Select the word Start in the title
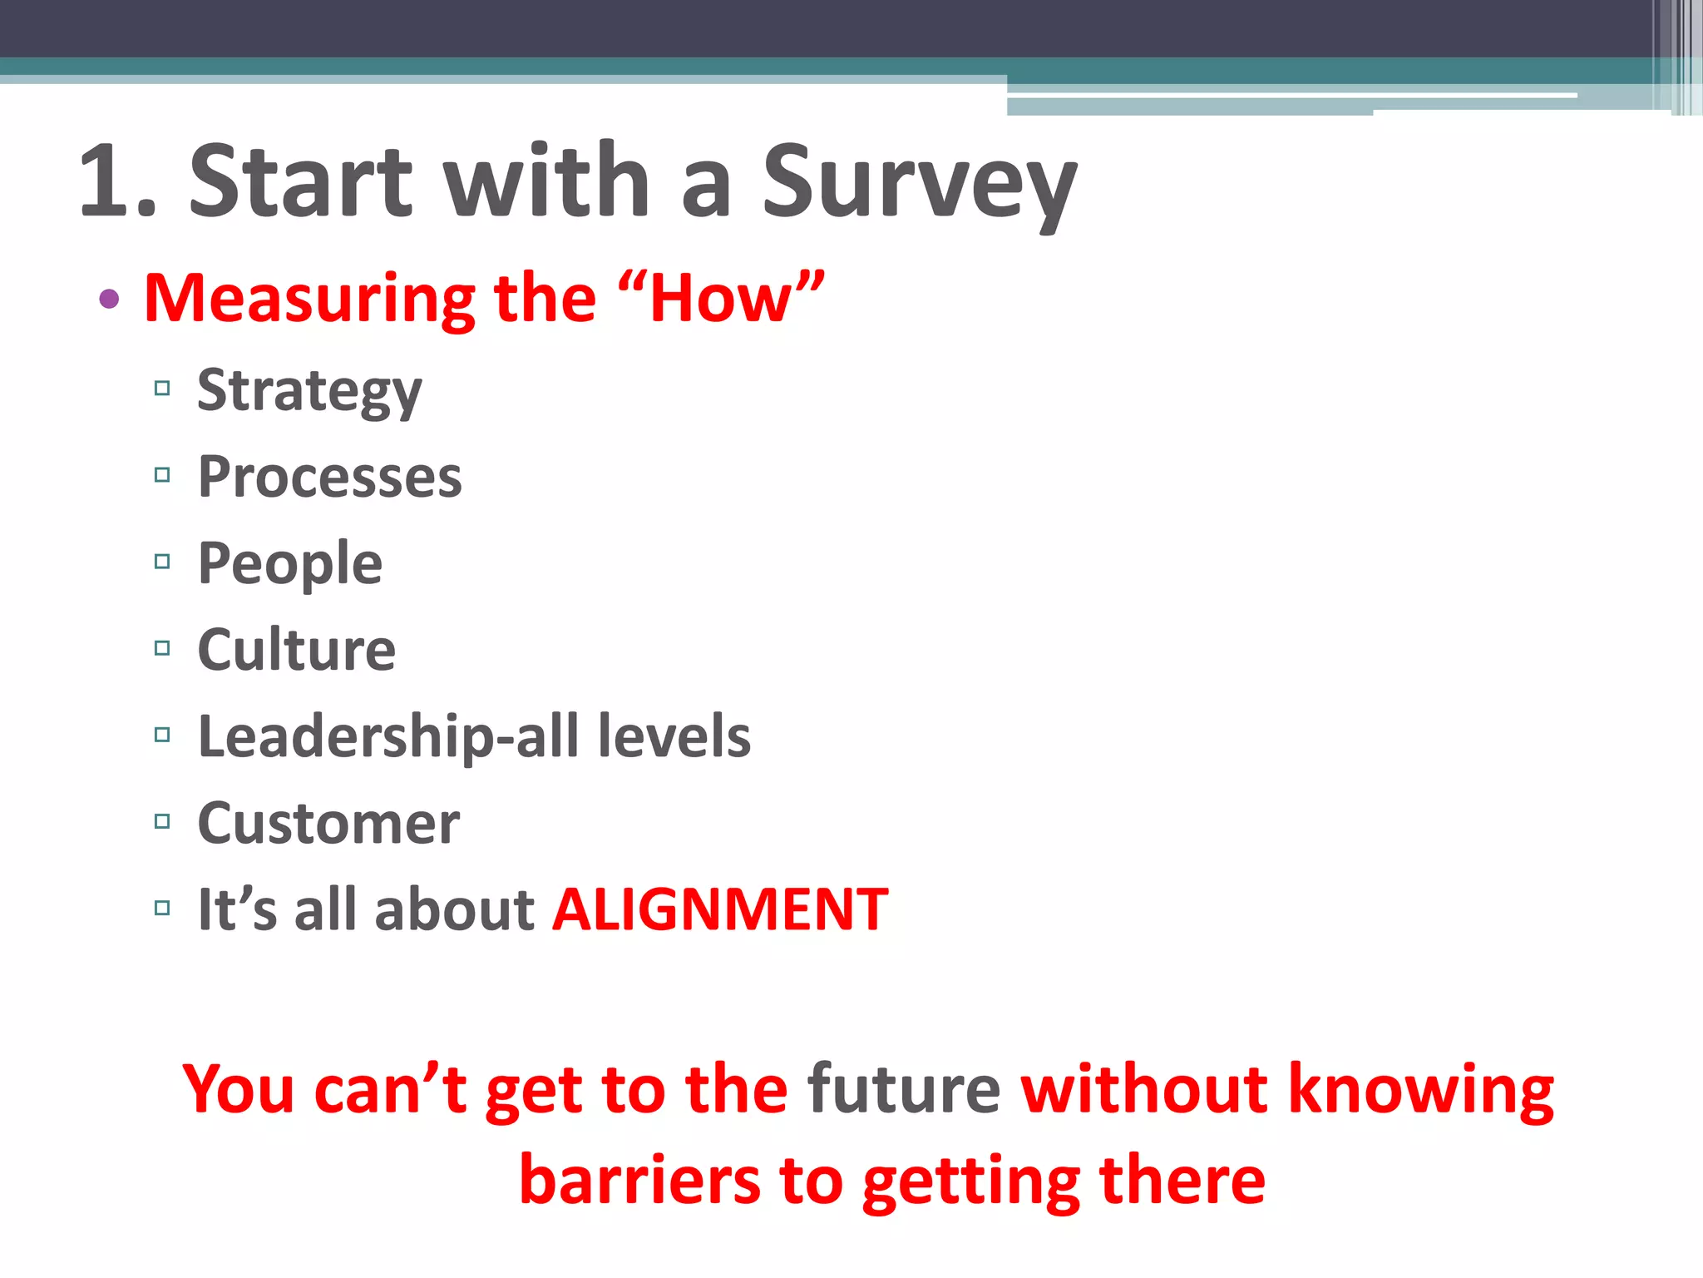(x=299, y=181)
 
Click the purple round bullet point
(x=109, y=299)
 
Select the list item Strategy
(x=309, y=391)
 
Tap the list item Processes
(x=329, y=478)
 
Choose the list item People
(x=289, y=564)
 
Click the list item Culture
(x=296, y=650)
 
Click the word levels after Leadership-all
(x=674, y=736)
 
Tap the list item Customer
(x=328, y=824)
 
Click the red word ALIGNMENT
(x=720, y=909)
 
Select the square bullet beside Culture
(x=162, y=648)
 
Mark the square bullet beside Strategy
(x=162, y=388)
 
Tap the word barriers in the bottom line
(x=639, y=1180)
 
